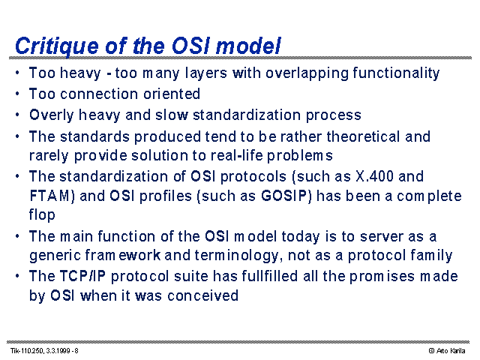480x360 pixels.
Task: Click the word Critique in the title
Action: tap(57, 46)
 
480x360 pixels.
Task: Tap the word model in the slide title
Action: tap(248, 45)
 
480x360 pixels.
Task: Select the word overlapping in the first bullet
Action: tap(307, 73)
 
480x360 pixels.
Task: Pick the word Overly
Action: tap(52, 115)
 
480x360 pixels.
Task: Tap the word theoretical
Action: tap(363, 136)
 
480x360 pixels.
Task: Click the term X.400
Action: tap(375, 176)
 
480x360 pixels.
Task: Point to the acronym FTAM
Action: tap(52, 196)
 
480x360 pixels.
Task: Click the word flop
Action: tap(42, 215)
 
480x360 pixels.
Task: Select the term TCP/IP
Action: tap(82, 276)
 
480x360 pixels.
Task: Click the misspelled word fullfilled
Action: tap(270, 276)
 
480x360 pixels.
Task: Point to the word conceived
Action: tap(202, 295)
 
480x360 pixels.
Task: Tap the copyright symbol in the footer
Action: tap(432, 351)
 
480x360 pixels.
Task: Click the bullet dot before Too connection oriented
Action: tap(17, 94)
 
